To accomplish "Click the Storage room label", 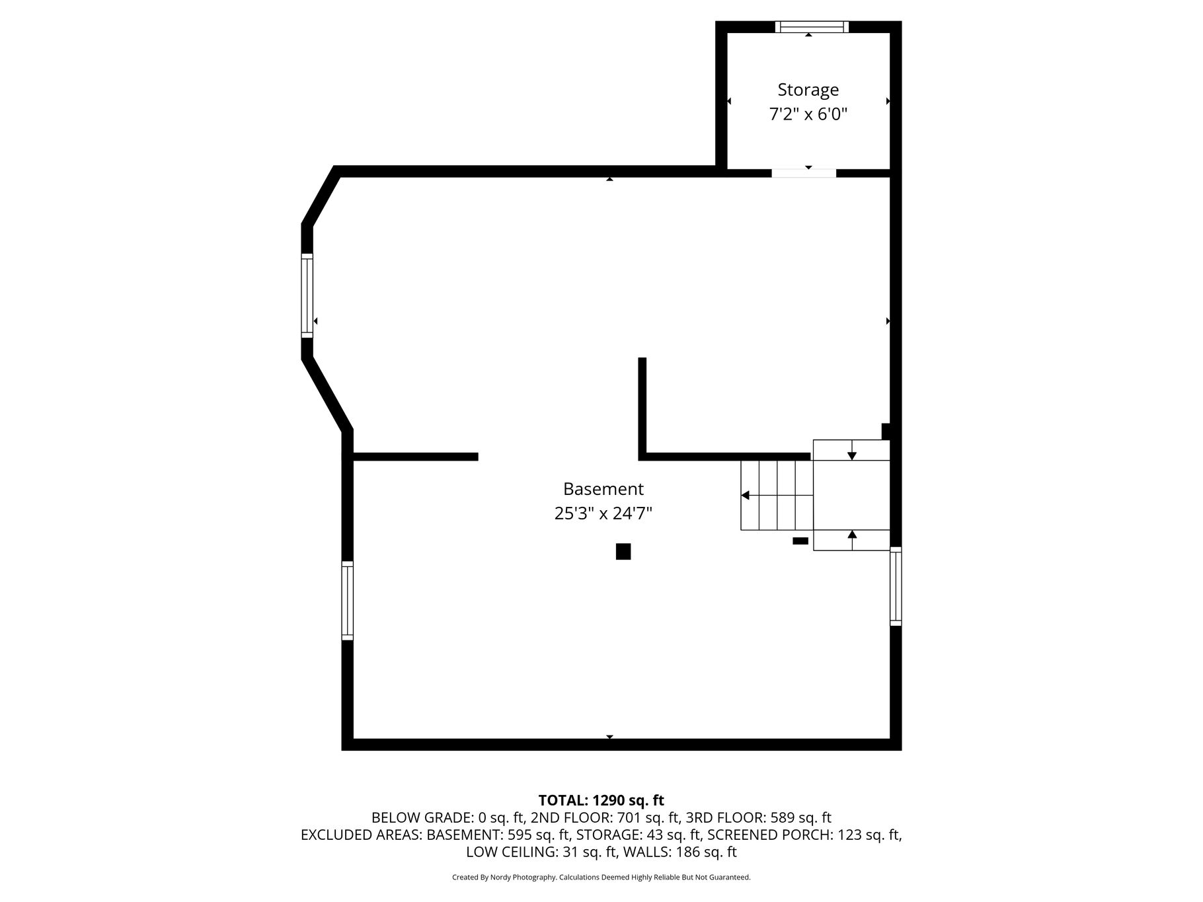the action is point(808,90).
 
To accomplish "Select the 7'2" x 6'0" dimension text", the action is point(808,114).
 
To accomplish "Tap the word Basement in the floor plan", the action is point(603,489).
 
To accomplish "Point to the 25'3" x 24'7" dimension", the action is point(603,513).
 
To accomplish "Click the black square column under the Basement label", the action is point(623,552).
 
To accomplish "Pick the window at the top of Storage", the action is point(812,26).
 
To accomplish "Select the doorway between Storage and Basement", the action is point(804,173).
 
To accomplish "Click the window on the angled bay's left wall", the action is point(307,295).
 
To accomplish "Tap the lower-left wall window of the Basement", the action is point(347,601).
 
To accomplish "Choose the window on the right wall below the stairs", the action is point(896,586).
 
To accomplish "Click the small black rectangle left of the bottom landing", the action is point(800,541).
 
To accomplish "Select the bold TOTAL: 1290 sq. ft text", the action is point(601,800).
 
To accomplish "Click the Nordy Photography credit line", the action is point(601,878).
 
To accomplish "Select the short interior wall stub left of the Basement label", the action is point(415,457).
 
